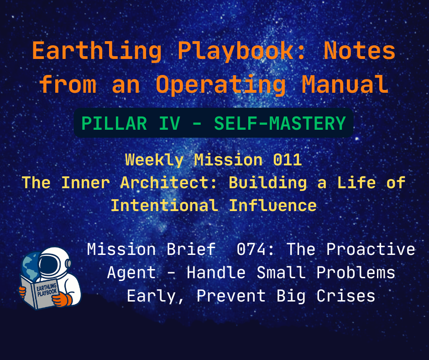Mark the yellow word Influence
click(x=272, y=206)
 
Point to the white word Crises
click(x=349, y=296)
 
